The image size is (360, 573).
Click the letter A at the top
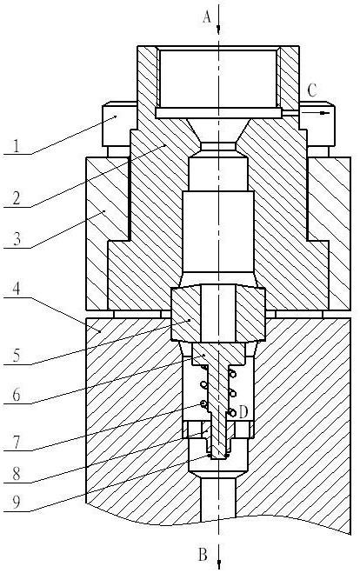[x=207, y=17]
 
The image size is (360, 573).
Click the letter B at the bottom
[x=203, y=555]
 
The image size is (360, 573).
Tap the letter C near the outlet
[x=312, y=90]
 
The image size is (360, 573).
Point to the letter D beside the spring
[x=243, y=412]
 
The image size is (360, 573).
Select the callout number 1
[x=16, y=146]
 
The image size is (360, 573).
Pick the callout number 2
[x=17, y=197]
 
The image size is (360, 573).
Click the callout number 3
[x=17, y=239]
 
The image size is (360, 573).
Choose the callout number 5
[x=17, y=355]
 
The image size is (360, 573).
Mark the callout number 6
[x=17, y=395]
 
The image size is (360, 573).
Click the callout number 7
[x=17, y=442]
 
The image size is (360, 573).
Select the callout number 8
[x=17, y=474]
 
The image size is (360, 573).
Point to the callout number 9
[x=17, y=503]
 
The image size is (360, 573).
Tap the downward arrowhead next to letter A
[x=218, y=29]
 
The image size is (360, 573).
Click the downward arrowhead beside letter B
[x=218, y=563]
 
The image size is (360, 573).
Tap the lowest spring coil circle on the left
[x=203, y=404]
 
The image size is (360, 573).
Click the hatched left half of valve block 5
[x=186, y=314]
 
